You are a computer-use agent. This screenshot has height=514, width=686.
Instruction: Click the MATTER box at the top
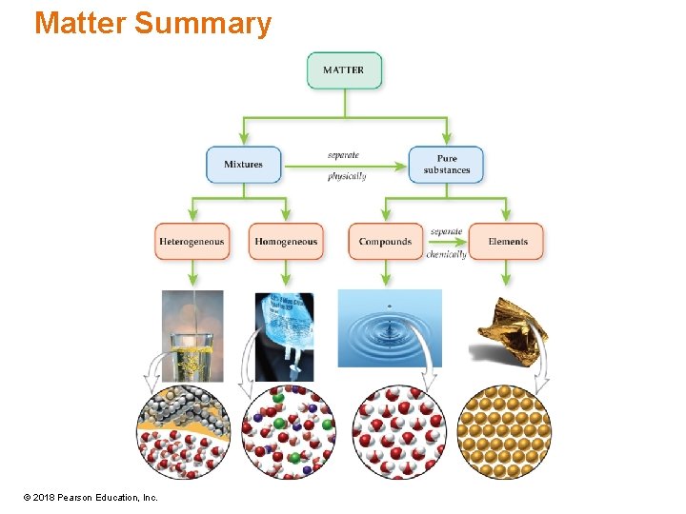[343, 70]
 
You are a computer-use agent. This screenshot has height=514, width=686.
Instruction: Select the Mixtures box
[243, 165]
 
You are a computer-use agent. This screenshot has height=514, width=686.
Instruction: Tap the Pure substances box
[446, 165]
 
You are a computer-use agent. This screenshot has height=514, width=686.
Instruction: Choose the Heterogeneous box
[192, 242]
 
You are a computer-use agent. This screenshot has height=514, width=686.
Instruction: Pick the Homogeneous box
[286, 242]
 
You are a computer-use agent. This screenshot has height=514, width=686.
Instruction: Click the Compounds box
[385, 242]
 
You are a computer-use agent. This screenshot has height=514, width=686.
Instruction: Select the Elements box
[507, 242]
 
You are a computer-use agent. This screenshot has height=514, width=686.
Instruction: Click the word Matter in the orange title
[80, 23]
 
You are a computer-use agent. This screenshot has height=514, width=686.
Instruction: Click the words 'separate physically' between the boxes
[345, 165]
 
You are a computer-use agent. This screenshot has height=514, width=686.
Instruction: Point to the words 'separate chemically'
[446, 243]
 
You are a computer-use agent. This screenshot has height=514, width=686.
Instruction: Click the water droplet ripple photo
[390, 328]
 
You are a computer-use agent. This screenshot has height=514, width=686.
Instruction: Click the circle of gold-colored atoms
[504, 431]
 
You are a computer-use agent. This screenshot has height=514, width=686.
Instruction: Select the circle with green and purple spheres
[289, 431]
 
